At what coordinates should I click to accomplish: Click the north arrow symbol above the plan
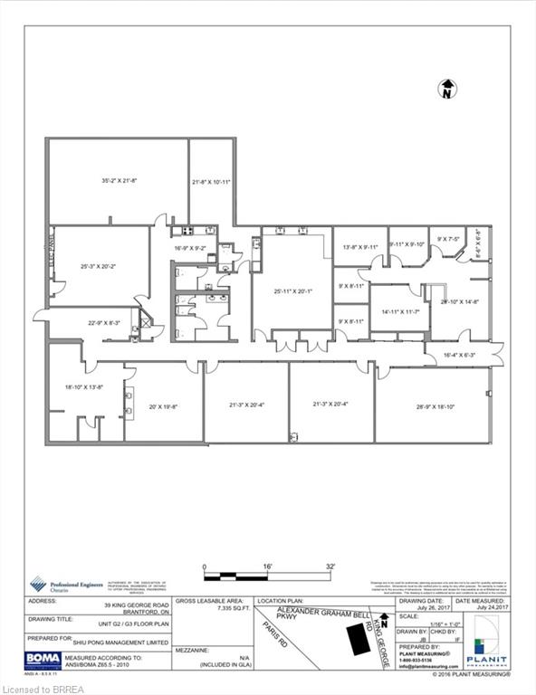tap(446, 89)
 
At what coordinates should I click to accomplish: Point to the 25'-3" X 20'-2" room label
tap(100, 267)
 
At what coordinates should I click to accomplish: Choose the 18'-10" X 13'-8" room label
tap(84, 387)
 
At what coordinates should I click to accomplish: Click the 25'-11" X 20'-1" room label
tap(292, 292)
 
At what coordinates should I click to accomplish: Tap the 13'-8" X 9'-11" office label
tap(359, 247)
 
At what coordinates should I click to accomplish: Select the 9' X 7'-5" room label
tap(448, 240)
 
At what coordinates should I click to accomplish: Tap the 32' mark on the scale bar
tap(330, 566)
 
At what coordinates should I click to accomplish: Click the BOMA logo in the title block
tap(43, 660)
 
